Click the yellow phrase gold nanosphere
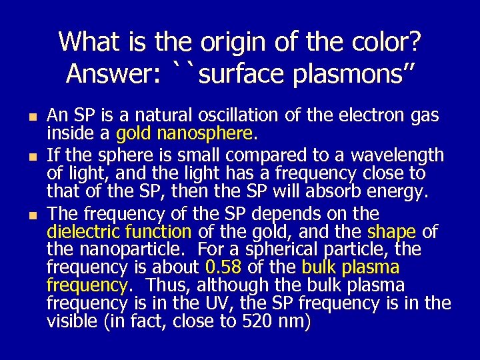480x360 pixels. tap(185, 134)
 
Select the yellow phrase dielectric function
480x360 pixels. tap(119, 232)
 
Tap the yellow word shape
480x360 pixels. tap(391, 232)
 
